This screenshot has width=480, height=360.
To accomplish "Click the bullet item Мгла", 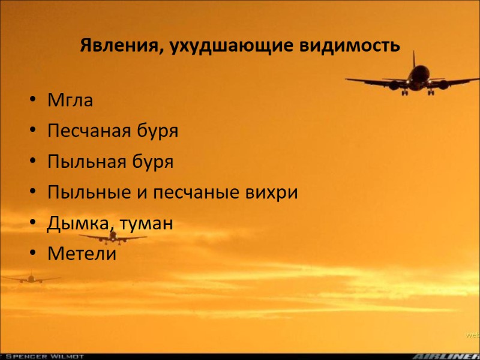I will click(x=70, y=100).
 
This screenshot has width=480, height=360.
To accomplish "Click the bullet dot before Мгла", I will click(x=33, y=101).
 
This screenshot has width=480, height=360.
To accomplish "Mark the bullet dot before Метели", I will click(x=33, y=254).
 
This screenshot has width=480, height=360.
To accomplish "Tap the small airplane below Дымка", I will click(x=112, y=237).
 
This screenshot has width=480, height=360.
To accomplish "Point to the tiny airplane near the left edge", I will click(x=30, y=278).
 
